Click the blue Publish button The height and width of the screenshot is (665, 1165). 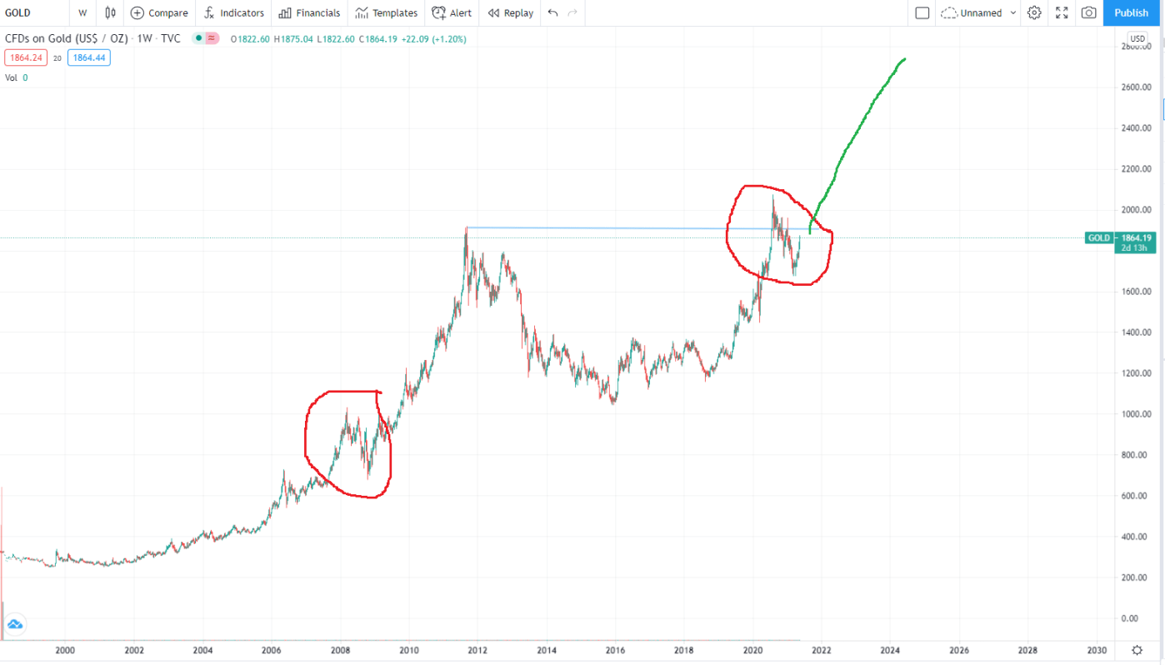[x=1131, y=12]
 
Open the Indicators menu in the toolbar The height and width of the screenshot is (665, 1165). [x=234, y=12]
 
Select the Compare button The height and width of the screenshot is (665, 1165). [x=159, y=12]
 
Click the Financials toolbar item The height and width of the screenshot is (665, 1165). [x=309, y=12]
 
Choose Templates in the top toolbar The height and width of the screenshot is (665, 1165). [x=386, y=12]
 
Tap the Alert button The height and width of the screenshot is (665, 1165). [x=452, y=12]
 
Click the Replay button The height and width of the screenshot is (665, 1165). [x=510, y=12]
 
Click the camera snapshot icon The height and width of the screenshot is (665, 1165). [x=1088, y=12]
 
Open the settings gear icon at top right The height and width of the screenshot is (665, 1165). [x=1034, y=12]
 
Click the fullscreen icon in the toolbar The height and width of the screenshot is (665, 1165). [x=1062, y=12]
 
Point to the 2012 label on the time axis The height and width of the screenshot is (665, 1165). [x=477, y=650]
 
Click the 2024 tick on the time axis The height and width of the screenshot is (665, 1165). [x=890, y=650]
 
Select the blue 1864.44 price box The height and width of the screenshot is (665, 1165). [x=89, y=57]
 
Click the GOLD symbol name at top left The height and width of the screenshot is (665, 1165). [x=18, y=12]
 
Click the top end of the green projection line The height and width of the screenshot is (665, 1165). [x=905, y=59]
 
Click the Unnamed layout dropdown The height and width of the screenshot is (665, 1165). [x=979, y=12]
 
